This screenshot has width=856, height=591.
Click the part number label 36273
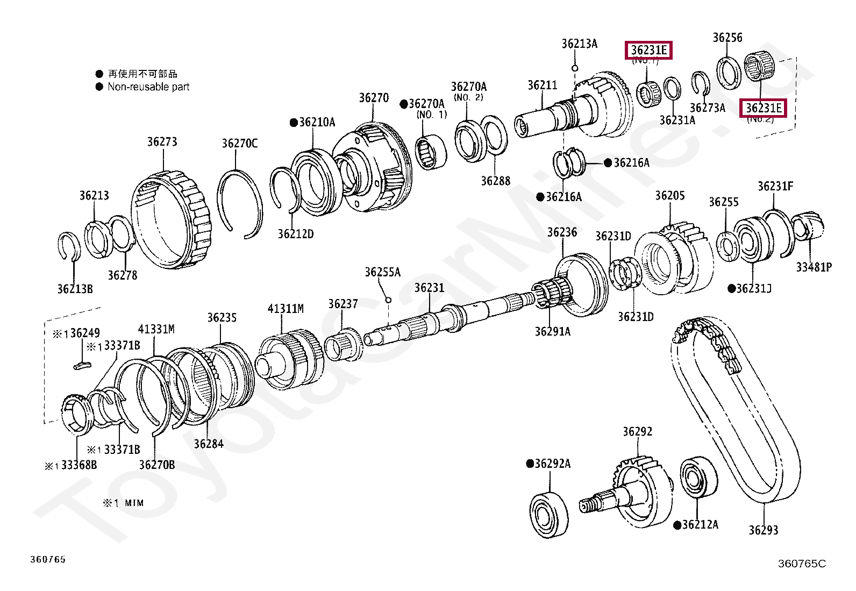(x=162, y=141)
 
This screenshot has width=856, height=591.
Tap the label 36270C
(x=239, y=143)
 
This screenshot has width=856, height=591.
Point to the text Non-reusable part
(x=148, y=87)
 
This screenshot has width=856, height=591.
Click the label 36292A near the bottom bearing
(x=552, y=464)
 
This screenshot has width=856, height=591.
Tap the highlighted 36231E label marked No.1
(x=648, y=51)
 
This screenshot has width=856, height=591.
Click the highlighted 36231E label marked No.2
(x=763, y=108)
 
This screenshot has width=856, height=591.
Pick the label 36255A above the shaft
(x=382, y=272)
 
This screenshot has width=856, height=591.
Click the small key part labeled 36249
(x=82, y=366)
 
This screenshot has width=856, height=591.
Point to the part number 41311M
(x=286, y=309)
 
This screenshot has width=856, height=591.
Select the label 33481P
(x=814, y=267)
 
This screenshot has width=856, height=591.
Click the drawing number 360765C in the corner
(x=801, y=564)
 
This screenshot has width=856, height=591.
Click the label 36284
(x=209, y=444)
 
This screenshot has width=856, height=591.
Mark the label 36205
(x=669, y=195)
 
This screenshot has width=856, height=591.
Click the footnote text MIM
(x=134, y=503)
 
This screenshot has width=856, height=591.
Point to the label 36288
(x=495, y=181)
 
